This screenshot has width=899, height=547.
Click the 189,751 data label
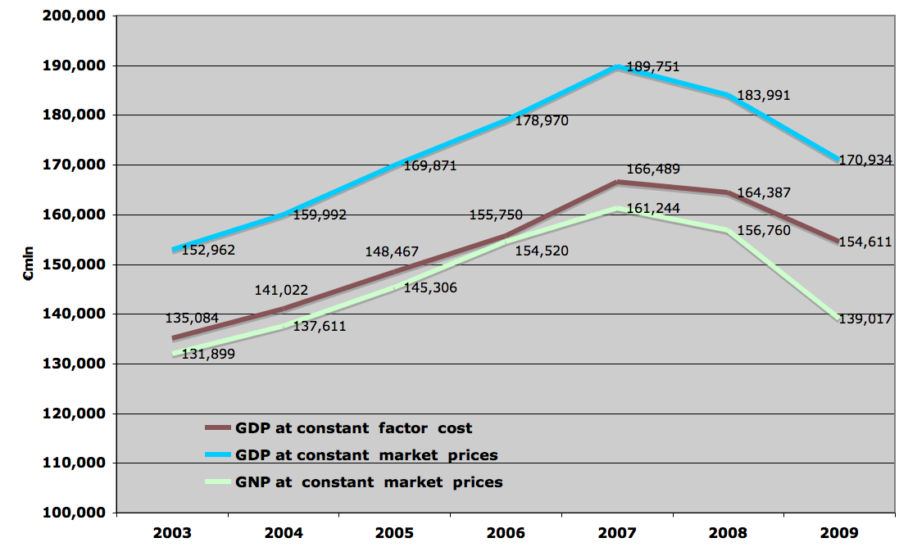(652, 67)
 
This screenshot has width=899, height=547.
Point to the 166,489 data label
(652, 170)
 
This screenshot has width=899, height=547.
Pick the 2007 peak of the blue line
(616, 67)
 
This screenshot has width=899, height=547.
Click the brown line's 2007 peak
(616, 182)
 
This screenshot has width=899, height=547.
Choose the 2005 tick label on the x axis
(394, 532)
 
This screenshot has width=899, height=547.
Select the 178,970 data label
(542, 120)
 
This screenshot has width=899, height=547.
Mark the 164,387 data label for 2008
(763, 193)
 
